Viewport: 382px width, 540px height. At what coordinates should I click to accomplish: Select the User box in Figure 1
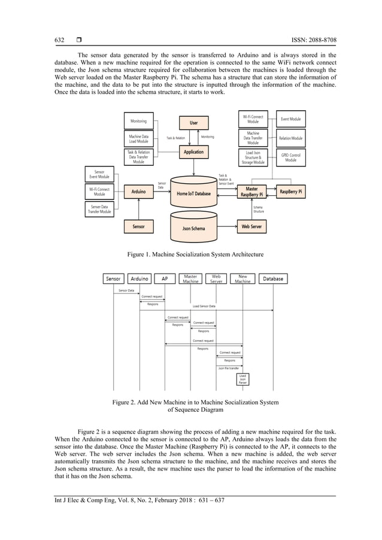point(193,123)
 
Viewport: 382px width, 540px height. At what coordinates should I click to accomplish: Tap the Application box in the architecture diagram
point(193,152)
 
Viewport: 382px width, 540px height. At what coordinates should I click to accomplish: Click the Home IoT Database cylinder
point(193,193)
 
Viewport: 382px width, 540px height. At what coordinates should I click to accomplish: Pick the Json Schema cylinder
point(193,228)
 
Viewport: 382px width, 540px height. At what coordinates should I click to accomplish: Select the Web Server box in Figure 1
point(252,227)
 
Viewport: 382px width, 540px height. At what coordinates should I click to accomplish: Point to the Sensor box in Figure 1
point(138,227)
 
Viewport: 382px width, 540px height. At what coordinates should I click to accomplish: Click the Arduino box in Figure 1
point(138,192)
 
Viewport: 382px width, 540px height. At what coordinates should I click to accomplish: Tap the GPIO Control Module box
point(290,157)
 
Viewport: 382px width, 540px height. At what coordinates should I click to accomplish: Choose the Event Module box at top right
point(290,119)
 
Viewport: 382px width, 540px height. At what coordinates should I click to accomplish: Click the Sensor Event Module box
point(99,174)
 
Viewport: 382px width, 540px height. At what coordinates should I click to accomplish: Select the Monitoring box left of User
point(138,121)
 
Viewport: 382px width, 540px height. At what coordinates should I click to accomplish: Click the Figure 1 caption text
point(195,254)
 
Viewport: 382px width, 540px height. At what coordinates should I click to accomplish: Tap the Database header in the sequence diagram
point(273,278)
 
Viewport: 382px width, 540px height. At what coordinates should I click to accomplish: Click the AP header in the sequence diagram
point(165,278)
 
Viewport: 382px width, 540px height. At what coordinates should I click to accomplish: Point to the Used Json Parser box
point(243,378)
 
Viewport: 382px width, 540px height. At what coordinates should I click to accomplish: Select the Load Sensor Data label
point(204,306)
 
